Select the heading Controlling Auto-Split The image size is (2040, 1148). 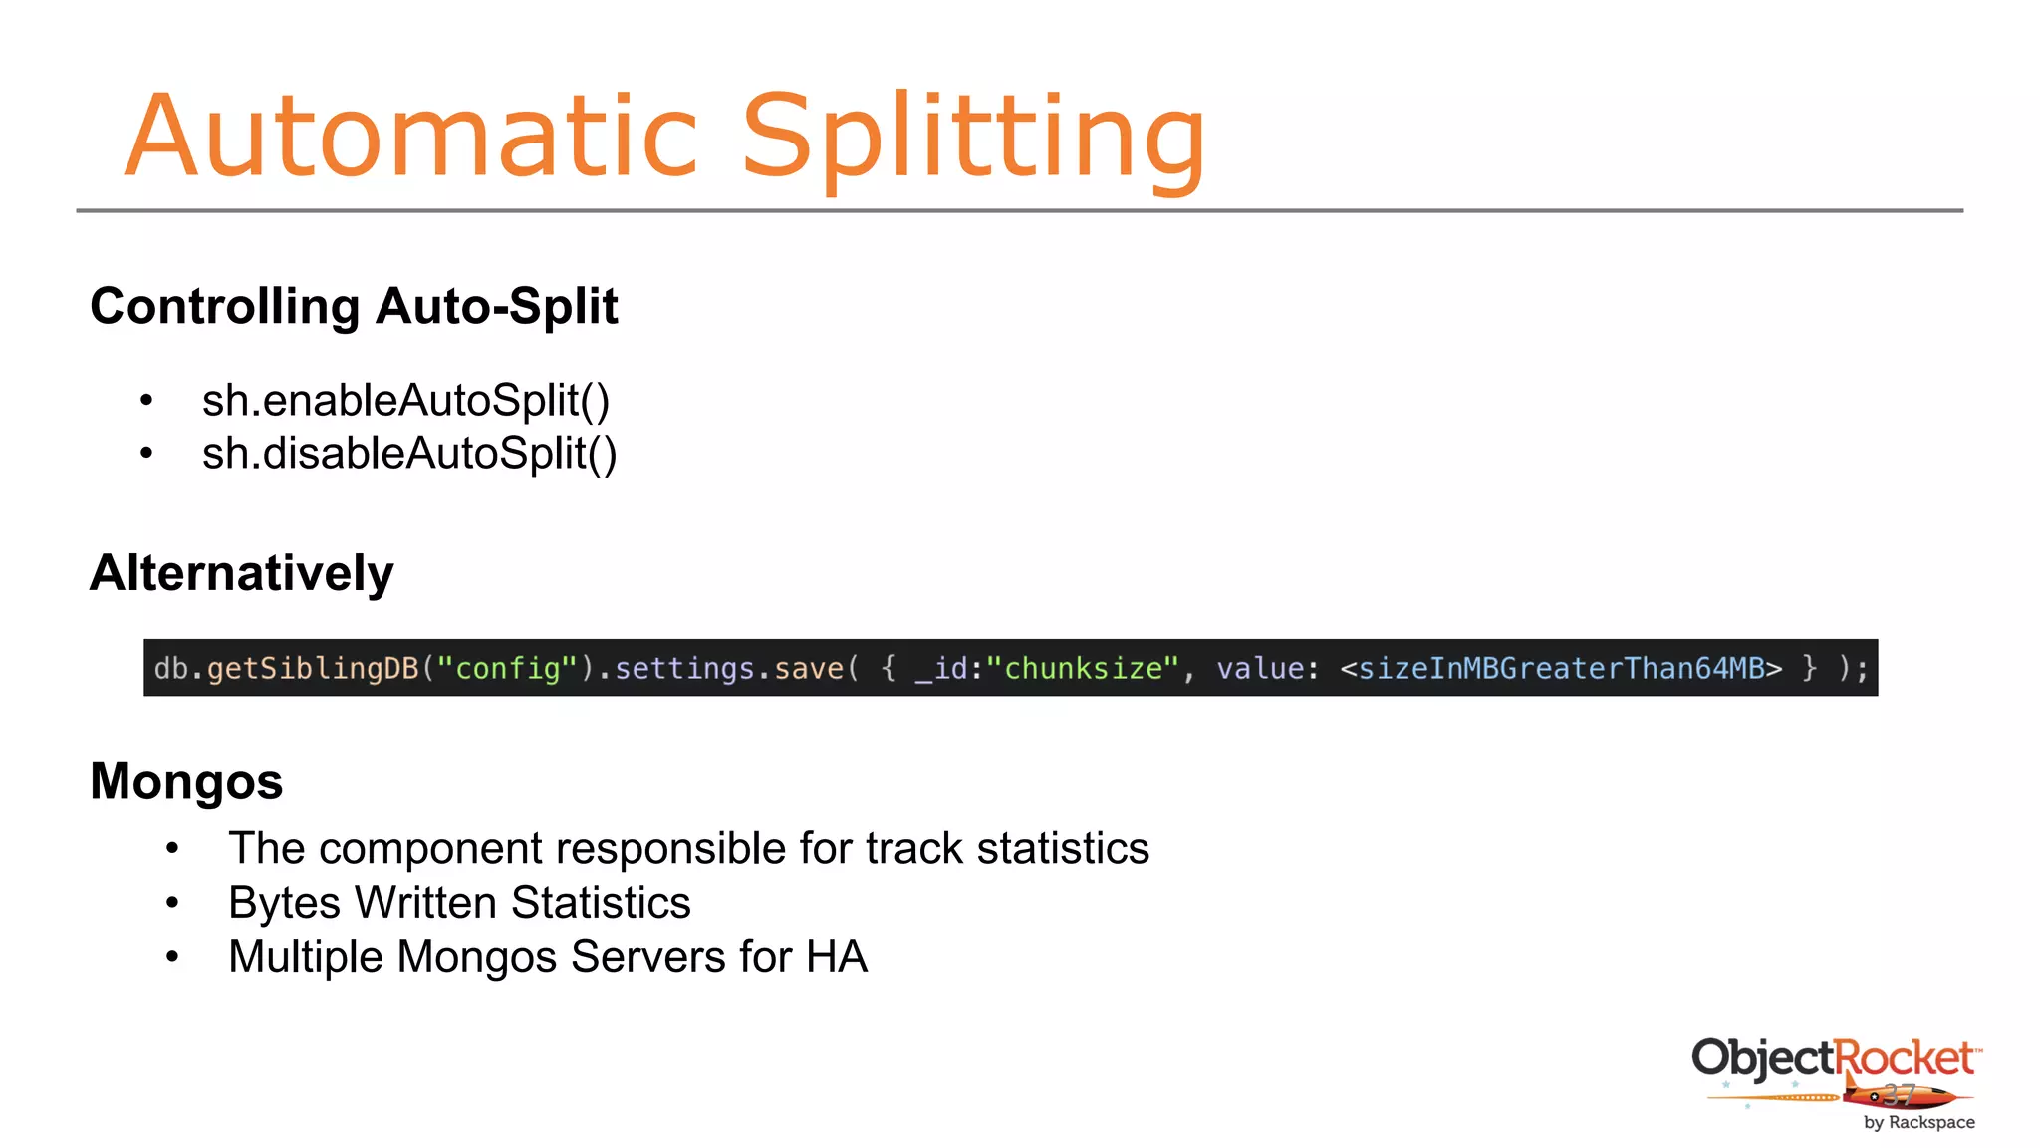click(354, 306)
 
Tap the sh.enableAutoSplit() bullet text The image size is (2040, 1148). click(405, 400)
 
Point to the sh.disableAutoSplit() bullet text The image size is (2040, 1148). click(409, 453)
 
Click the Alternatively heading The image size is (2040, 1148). click(242, 573)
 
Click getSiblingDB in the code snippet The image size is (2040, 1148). click(313, 668)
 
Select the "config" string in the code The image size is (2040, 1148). click(508, 668)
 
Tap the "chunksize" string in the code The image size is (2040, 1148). click(1082, 668)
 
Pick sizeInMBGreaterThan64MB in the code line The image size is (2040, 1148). click(1561, 668)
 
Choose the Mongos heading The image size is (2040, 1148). click(186, 781)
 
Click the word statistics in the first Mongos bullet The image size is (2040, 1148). click(1063, 849)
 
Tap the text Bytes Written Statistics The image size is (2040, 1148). click(459, 903)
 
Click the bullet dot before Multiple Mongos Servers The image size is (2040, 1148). click(172, 957)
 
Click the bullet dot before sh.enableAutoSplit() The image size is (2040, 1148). click(146, 401)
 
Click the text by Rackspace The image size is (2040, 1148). click(1918, 1122)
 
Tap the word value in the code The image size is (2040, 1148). click(1260, 668)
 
